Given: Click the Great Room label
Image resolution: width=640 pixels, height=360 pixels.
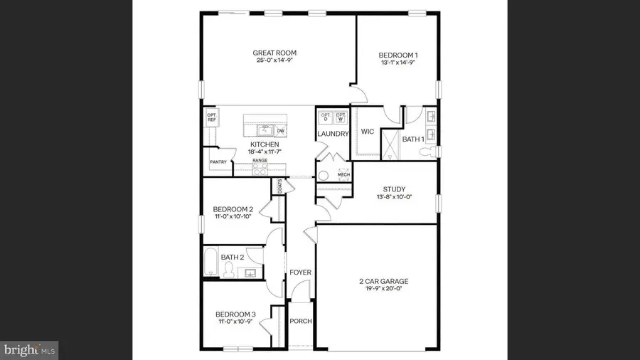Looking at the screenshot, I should point(274,53).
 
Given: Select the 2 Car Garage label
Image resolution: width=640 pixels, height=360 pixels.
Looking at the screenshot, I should point(383,281).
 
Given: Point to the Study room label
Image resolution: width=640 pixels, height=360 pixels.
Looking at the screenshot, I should point(394,189).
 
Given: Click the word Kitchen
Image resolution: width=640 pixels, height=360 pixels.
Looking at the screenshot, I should point(264,144).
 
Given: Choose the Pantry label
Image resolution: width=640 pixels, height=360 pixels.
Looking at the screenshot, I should point(218,162).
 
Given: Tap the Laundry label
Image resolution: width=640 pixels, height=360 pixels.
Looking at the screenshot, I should point(334,134).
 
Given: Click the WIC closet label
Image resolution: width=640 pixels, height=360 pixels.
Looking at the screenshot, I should point(368,132).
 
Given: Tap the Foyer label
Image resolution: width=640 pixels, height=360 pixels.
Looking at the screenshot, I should point(300,272).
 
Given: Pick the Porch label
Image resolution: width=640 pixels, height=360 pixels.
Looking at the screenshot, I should point(300,321).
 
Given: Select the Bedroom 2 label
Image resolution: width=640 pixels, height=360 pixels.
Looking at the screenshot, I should point(233,208).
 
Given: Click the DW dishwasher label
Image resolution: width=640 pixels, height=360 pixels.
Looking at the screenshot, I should point(281,131).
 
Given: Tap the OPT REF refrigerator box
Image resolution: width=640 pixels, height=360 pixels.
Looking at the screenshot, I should point(211,118).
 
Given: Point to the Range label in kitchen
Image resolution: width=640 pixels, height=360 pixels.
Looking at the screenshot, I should point(260,162).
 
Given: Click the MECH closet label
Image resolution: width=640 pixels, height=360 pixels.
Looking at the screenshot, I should point(343,174).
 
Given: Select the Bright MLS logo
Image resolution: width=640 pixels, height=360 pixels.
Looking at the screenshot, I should point(30,349).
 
